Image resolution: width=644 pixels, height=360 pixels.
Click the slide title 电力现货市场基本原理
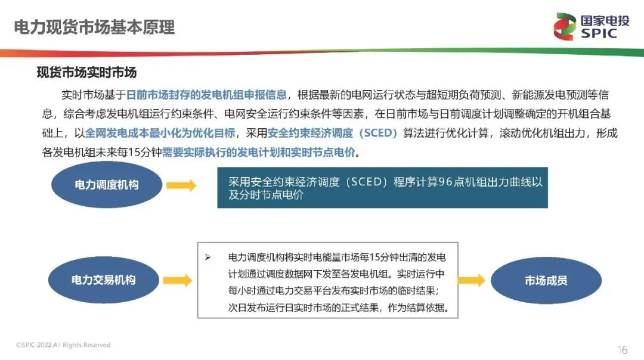tap(94, 27)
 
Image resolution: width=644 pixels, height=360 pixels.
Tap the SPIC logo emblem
tap(566, 27)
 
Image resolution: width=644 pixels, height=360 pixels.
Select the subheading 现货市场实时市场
tap(86, 73)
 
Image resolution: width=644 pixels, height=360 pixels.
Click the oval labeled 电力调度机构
tap(106, 185)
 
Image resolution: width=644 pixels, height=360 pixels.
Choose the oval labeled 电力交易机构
tap(104, 280)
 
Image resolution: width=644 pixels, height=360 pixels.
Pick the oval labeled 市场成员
tap(546, 281)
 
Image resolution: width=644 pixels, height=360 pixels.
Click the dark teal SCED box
tap(382, 188)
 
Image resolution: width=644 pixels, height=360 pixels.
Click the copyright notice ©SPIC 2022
tap(63, 345)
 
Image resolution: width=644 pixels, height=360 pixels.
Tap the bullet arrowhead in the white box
tap(208, 257)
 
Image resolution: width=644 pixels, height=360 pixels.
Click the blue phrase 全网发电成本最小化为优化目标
tap(162, 132)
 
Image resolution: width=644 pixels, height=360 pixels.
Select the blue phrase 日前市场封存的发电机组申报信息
tap(206, 94)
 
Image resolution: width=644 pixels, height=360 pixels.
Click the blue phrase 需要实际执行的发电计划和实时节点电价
tap(261, 152)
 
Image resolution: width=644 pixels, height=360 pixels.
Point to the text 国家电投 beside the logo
tap(604, 20)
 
